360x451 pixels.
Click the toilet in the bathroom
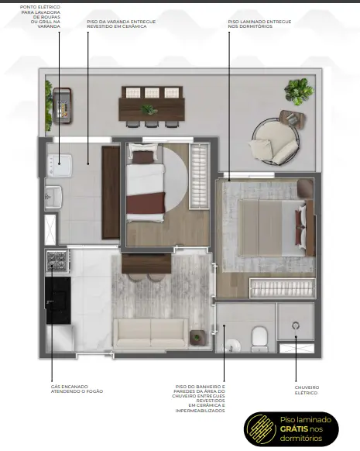(259, 339)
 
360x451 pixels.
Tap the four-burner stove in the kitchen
(57, 261)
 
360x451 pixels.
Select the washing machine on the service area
(60, 165)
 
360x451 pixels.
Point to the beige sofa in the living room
(150, 333)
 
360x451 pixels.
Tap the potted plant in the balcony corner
(299, 91)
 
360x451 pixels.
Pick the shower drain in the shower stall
(296, 325)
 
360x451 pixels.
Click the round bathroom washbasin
(232, 345)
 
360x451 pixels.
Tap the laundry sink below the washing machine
(53, 197)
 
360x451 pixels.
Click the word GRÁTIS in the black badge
(294, 429)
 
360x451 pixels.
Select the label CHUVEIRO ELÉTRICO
(307, 390)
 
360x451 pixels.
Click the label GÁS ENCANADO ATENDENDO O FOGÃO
(77, 389)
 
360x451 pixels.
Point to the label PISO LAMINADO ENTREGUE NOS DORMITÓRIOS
(259, 24)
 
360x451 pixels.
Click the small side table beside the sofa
(197, 337)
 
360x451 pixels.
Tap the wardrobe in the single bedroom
(200, 176)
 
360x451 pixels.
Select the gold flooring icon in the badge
(261, 429)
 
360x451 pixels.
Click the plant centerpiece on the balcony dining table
(149, 109)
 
